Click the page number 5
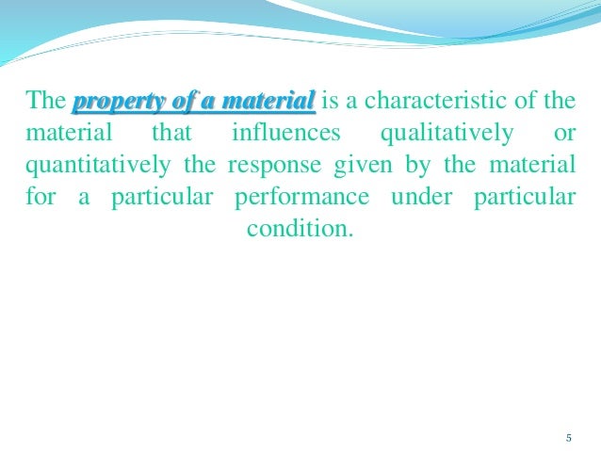pos(569,438)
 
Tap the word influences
pos(281,133)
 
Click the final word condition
pos(300,229)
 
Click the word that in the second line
pos(171,133)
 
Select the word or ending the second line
pos(564,133)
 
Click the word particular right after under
pos(523,197)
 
